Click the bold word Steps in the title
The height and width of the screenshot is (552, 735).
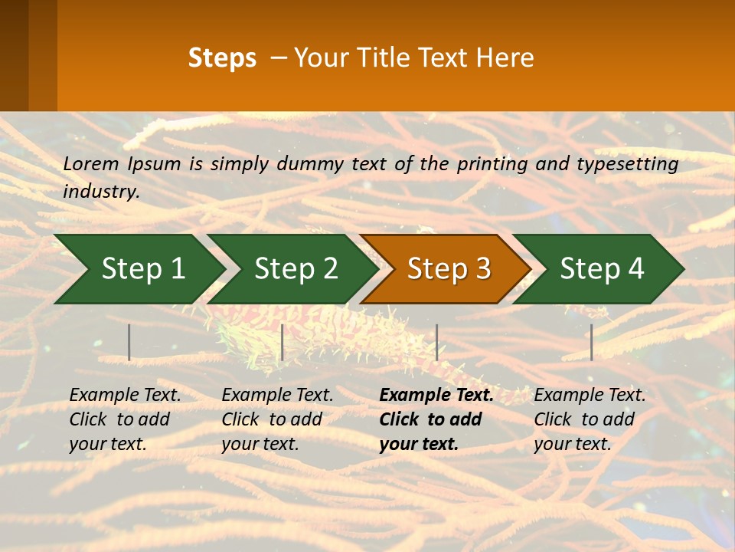pyautogui.click(x=222, y=58)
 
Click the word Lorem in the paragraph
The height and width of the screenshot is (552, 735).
pyautogui.click(x=90, y=163)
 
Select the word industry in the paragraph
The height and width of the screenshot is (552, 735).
pyautogui.click(x=100, y=191)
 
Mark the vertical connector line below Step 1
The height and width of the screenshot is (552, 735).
pyautogui.click(x=129, y=342)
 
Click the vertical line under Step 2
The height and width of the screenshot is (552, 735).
pyautogui.click(x=283, y=342)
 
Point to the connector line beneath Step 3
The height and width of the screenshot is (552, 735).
pyautogui.click(x=436, y=342)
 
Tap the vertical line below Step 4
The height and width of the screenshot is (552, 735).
pyautogui.click(x=591, y=342)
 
